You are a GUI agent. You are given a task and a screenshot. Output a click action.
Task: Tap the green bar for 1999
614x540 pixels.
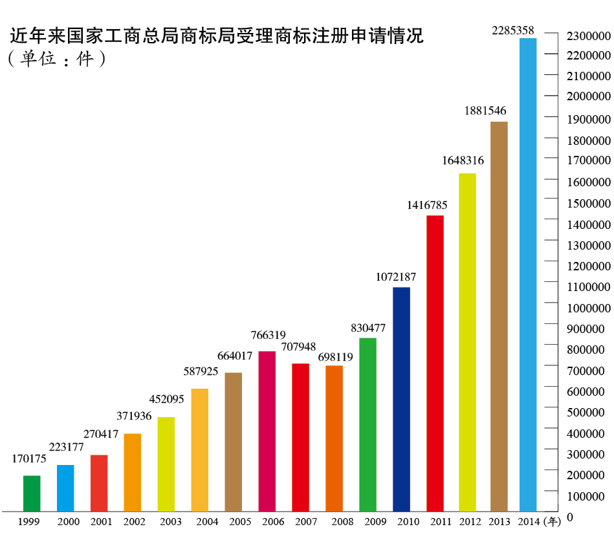(32, 493)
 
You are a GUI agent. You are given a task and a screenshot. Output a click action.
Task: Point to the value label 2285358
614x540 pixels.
(513, 30)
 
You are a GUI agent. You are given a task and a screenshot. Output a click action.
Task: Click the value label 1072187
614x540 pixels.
(396, 277)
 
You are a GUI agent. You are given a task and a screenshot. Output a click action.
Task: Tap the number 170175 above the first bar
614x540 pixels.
(30, 459)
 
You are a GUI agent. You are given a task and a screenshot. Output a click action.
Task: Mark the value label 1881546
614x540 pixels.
(485, 111)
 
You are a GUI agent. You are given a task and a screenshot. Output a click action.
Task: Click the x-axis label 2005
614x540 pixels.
(241, 521)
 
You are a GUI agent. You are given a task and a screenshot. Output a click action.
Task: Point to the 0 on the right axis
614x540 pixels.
(570, 517)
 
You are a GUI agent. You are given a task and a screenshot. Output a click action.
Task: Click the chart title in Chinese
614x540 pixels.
(217, 36)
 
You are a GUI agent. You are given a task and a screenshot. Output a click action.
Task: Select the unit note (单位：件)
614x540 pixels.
(57, 60)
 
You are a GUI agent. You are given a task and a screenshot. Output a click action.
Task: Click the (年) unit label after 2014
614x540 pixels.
(552, 521)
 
